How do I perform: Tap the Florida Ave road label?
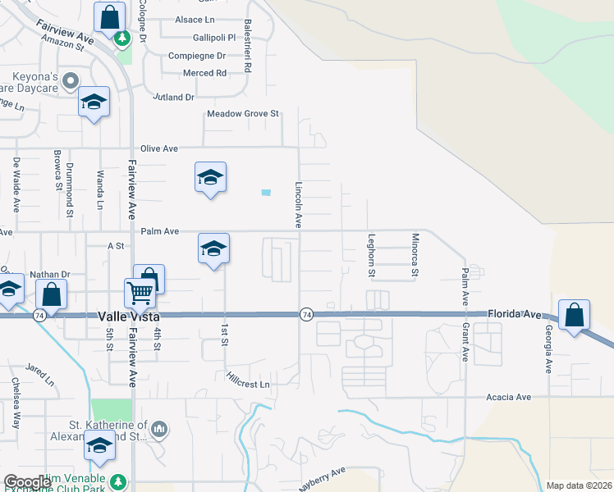(515, 314)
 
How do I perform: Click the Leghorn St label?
(372, 254)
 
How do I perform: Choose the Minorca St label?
(415, 254)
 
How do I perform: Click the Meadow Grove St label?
(243, 114)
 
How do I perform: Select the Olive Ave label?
(159, 148)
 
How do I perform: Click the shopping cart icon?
(140, 291)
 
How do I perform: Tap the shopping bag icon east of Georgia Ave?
(574, 314)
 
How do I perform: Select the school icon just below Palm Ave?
(213, 248)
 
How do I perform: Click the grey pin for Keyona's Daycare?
(71, 81)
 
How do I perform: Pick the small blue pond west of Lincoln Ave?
(265, 193)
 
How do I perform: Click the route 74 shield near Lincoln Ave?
(306, 315)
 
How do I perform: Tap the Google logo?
(27, 482)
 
